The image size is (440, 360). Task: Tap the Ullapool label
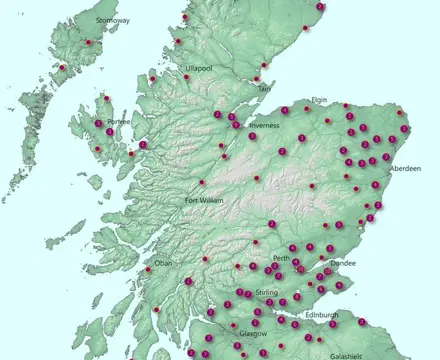[199, 67]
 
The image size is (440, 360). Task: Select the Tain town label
[265, 89]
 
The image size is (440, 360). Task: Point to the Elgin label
[320, 100]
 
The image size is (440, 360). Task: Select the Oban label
[163, 263]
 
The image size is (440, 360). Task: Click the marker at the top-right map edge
[320, 7]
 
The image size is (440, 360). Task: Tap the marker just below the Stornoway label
[88, 42]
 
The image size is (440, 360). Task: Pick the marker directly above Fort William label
[202, 182]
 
